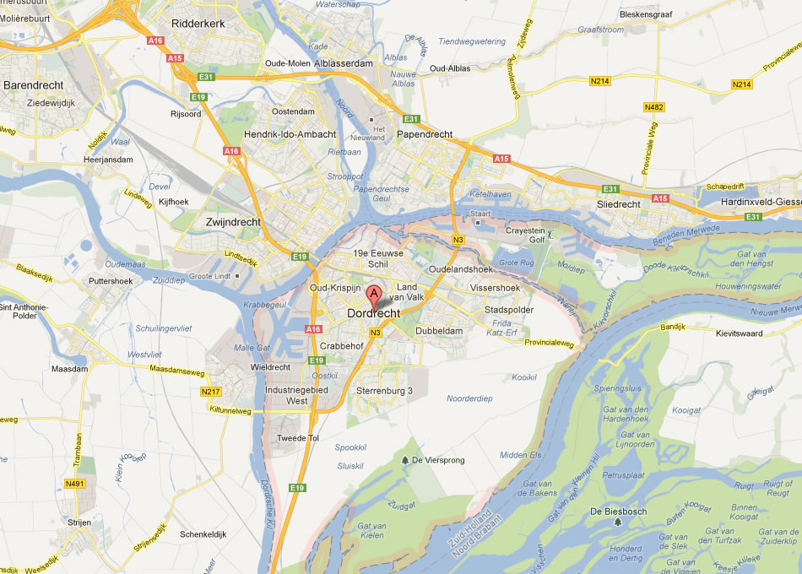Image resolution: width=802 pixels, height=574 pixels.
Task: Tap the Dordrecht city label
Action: coord(374,314)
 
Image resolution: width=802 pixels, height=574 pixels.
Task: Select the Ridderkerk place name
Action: coord(198,24)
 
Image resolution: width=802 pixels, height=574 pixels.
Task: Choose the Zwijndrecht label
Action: coord(233,222)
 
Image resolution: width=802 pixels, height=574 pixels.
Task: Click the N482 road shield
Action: coord(653,107)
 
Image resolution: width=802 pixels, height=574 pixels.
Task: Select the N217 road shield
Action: coord(210,392)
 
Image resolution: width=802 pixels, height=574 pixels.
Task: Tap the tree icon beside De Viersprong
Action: coord(405,460)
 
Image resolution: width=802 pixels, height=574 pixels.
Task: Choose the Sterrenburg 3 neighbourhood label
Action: coord(385,391)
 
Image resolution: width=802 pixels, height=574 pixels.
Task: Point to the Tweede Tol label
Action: coord(298,438)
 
